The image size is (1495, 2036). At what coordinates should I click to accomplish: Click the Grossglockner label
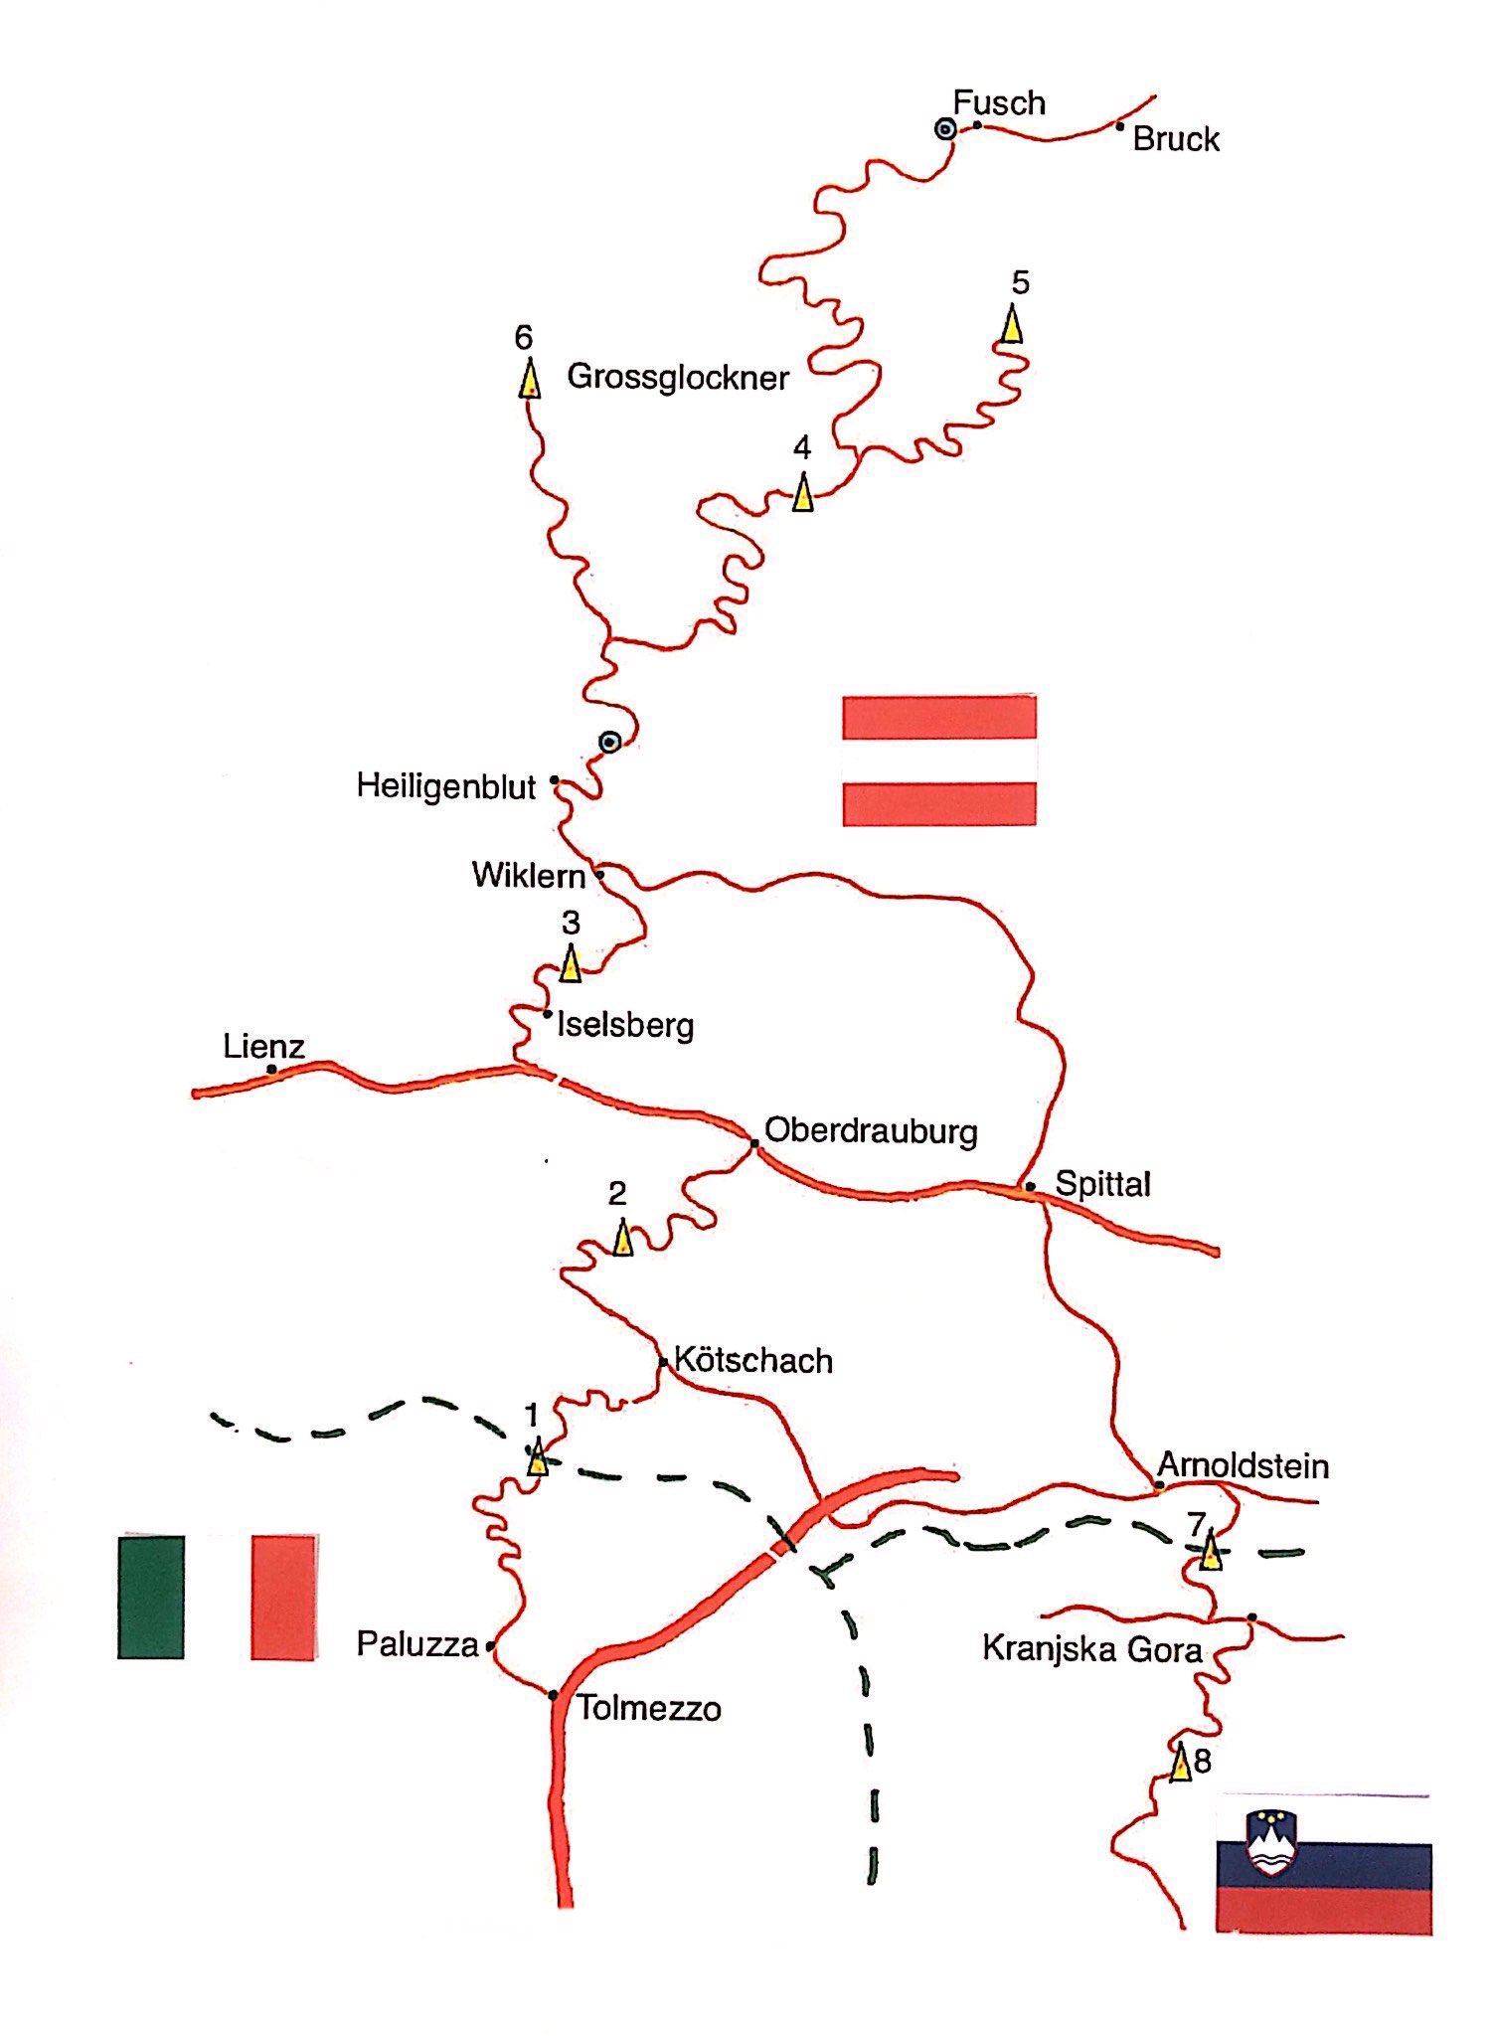click(x=677, y=377)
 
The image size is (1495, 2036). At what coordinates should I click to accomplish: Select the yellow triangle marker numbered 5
click(x=1012, y=324)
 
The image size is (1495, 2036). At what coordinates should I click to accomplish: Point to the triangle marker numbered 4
click(x=802, y=492)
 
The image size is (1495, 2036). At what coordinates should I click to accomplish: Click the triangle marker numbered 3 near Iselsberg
click(x=571, y=963)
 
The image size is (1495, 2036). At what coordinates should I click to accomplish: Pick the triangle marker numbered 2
click(x=622, y=1238)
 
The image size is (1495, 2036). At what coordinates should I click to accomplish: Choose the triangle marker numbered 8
click(x=1181, y=1763)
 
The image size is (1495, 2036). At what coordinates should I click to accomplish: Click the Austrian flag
click(x=939, y=761)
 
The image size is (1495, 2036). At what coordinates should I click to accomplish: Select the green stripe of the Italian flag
click(x=151, y=1598)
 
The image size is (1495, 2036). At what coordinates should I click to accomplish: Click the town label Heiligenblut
click(x=446, y=786)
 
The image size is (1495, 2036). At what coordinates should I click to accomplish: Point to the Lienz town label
click(x=263, y=1046)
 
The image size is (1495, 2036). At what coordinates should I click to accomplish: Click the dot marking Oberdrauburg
click(x=754, y=1144)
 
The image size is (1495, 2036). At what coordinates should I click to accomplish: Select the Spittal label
click(x=1102, y=1184)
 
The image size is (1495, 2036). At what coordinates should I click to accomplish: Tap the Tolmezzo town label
click(x=649, y=1709)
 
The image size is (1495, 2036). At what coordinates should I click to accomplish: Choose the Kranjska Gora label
click(x=1091, y=1648)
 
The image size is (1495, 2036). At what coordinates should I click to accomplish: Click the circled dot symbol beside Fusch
click(x=945, y=129)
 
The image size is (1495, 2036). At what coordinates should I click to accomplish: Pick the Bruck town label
click(x=1176, y=139)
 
